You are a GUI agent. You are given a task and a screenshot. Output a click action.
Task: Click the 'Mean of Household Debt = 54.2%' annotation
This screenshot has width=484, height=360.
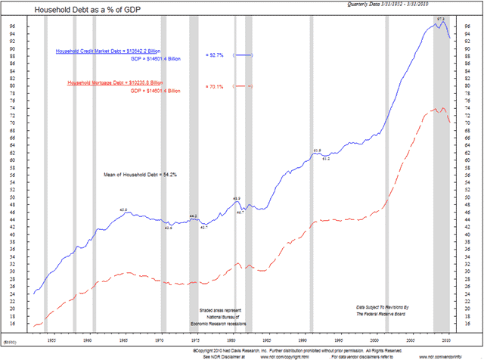140,175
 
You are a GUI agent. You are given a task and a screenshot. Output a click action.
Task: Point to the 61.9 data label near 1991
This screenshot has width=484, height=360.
317,151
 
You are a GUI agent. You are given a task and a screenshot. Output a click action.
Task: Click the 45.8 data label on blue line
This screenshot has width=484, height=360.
124,209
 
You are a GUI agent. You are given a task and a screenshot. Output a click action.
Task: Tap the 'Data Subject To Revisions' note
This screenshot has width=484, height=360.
392,306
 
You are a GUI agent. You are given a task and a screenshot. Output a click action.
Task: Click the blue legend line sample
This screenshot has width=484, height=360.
243,56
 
